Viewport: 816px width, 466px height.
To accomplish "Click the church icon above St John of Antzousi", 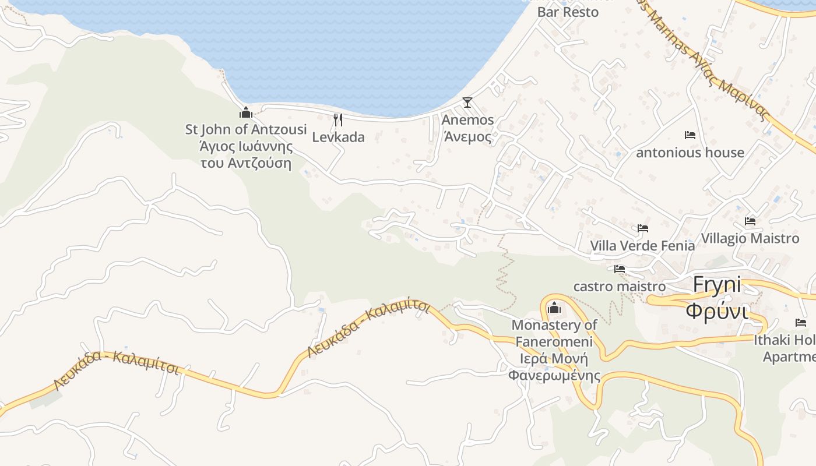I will pyautogui.click(x=246, y=112).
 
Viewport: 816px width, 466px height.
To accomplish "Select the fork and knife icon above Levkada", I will pyautogui.click(x=338, y=120).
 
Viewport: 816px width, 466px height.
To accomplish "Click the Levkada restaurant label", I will pyautogui.click(x=338, y=137).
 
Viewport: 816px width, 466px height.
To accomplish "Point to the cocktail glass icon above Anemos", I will pyautogui.click(x=467, y=103).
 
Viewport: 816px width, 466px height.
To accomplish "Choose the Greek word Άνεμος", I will pyautogui.click(x=467, y=137).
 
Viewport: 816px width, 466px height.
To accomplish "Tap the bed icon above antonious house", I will pyautogui.click(x=690, y=135).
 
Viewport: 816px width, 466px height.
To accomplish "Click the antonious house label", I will pyautogui.click(x=690, y=153).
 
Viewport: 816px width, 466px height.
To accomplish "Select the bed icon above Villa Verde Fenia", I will pyautogui.click(x=643, y=228).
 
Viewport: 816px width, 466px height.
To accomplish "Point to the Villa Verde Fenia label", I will pyautogui.click(x=642, y=246).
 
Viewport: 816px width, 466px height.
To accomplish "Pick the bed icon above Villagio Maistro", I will pyautogui.click(x=750, y=221).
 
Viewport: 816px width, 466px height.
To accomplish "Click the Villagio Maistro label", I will pyautogui.click(x=750, y=239).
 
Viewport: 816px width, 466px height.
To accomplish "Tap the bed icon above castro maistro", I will pyautogui.click(x=620, y=269).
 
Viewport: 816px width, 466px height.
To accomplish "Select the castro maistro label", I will pyautogui.click(x=620, y=287).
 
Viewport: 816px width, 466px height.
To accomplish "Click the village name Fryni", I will pyautogui.click(x=717, y=285).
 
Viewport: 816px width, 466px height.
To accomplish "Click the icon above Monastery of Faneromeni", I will pyautogui.click(x=554, y=307).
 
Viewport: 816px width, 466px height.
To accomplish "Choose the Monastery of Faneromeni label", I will pyautogui.click(x=554, y=333).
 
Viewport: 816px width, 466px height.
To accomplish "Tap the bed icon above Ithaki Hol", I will pyautogui.click(x=801, y=322).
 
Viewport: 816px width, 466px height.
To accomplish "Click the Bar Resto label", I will pyautogui.click(x=568, y=12).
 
